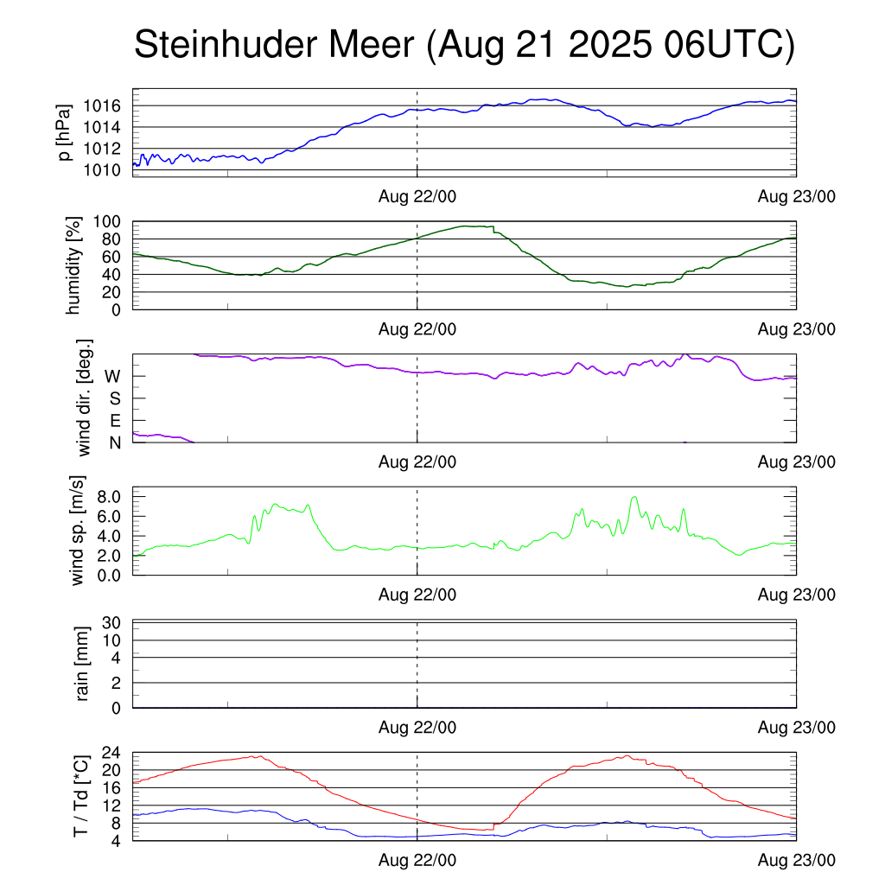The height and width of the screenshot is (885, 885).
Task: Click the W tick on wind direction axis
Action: coord(113,377)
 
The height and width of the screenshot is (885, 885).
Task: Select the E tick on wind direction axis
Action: coord(115,421)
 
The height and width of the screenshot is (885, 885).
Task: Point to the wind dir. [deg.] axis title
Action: coord(85,398)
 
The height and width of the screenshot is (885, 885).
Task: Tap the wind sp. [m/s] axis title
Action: coord(79,531)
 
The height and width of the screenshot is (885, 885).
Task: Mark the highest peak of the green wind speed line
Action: coord(635,497)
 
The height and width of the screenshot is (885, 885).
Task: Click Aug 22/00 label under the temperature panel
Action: coord(417,861)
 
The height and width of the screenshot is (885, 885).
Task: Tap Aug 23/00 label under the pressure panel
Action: coord(797,196)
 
